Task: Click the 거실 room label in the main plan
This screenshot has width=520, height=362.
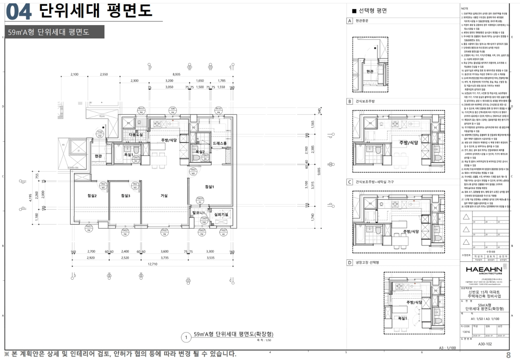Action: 164,195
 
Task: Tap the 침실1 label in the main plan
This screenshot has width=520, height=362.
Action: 209,186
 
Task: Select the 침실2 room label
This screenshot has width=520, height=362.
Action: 92,195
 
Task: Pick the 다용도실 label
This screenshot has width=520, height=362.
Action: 136,135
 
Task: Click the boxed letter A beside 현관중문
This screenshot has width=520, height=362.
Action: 349,20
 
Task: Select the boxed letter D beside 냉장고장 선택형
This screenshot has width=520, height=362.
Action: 349,263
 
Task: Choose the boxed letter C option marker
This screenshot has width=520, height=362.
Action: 349,182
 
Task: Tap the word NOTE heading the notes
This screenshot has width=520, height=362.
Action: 464,8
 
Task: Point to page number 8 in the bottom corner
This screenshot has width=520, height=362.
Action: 508,355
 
